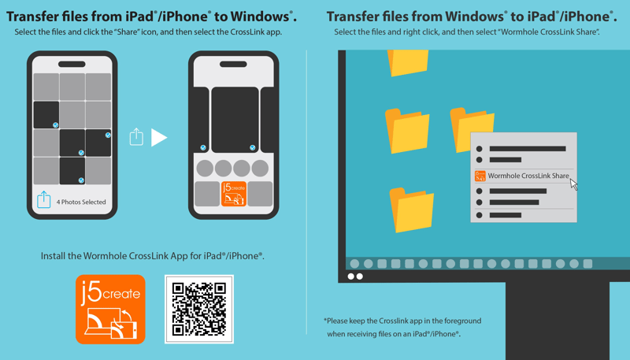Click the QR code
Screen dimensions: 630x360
tap(199, 309)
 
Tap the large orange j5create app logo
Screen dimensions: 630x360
tap(110, 309)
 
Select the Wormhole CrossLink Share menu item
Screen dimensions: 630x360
tap(524, 176)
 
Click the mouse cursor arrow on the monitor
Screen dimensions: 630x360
tap(574, 184)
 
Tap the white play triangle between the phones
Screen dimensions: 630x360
tap(158, 137)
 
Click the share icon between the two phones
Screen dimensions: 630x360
tap(136, 136)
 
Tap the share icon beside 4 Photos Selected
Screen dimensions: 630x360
tap(44, 199)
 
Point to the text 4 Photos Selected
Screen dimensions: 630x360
tap(81, 202)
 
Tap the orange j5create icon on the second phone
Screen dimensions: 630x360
tap(233, 194)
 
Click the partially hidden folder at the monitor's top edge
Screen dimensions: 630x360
tap(407, 62)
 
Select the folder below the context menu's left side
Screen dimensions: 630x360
tap(411, 210)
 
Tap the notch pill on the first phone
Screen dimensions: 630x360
tap(72, 65)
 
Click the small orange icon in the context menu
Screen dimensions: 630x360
tap(480, 176)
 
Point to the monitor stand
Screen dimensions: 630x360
tap(558, 321)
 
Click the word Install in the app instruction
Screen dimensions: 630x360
tap(54, 256)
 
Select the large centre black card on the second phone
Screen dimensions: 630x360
tap(235, 120)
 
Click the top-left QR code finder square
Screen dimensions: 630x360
tap(179, 289)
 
